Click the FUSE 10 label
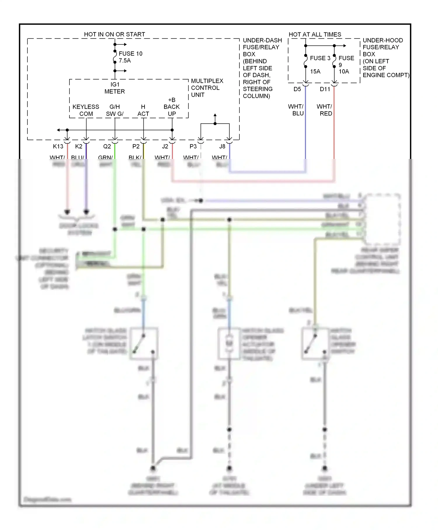pyautogui.click(x=131, y=54)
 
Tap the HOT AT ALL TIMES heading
pyautogui.click(x=315, y=34)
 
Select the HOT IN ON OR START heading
pyautogui.click(x=114, y=34)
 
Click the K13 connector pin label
pyautogui.click(x=58, y=146)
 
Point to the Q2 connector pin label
pyautogui.click(x=107, y=146)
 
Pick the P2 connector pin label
pyautogui.click(x=136, y=146)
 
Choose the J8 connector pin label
pyautogui.click(x=222, y=146)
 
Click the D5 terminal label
pyautogui.click(x=297, y=89)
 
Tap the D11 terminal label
pyautogui.click(x=325, y=89)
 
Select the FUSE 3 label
pyautogui.click(x=320, y=58)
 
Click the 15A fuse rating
pyautogui.click(x=315, y=72)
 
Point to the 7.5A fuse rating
pyautogui.click(x=125, y=61)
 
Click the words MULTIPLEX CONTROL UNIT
pyautogui.click(x=207, y=88)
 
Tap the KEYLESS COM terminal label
pyautogui.click(x=86, y=110)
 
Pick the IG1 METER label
pyautogui.click(x=115, y=88)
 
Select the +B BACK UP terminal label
pyautogui.click(x=172, y=107)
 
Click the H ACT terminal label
pyautogui.click(x=143, y=110)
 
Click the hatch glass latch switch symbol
pyautogui.click(x=144, y=344)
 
